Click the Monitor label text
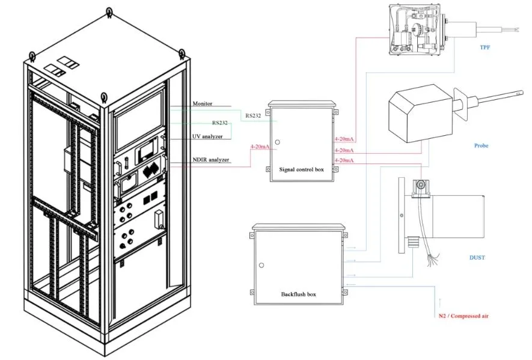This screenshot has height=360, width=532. tap(202, 104)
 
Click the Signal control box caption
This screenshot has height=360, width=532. tap(301, 169)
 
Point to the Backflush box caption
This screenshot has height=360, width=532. tap(298, 294)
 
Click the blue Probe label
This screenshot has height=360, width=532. tap(481, 145)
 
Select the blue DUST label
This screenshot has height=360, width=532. tap(477, 258)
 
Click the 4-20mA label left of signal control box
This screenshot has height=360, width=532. tap(259, 147)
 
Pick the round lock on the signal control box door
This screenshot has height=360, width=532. tap(278, 143)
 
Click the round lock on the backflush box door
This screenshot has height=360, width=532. tap(261, 266)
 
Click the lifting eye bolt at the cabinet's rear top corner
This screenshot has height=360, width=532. tap(109, 10)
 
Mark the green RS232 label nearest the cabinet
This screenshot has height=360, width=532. tap(220, 122)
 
